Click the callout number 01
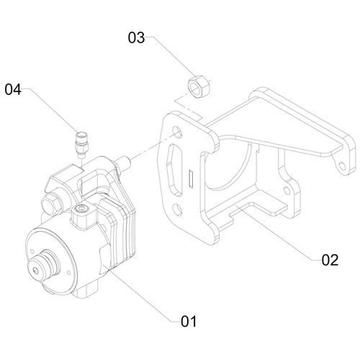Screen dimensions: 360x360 189,321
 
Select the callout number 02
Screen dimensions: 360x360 330,260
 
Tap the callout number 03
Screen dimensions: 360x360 136,37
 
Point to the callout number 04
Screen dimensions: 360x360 13,89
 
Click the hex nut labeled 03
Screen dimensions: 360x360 198,86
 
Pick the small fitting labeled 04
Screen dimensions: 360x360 82,145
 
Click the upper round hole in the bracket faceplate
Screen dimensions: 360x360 178,132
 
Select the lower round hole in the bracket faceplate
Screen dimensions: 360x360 178,210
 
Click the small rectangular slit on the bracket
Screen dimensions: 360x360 192,179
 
